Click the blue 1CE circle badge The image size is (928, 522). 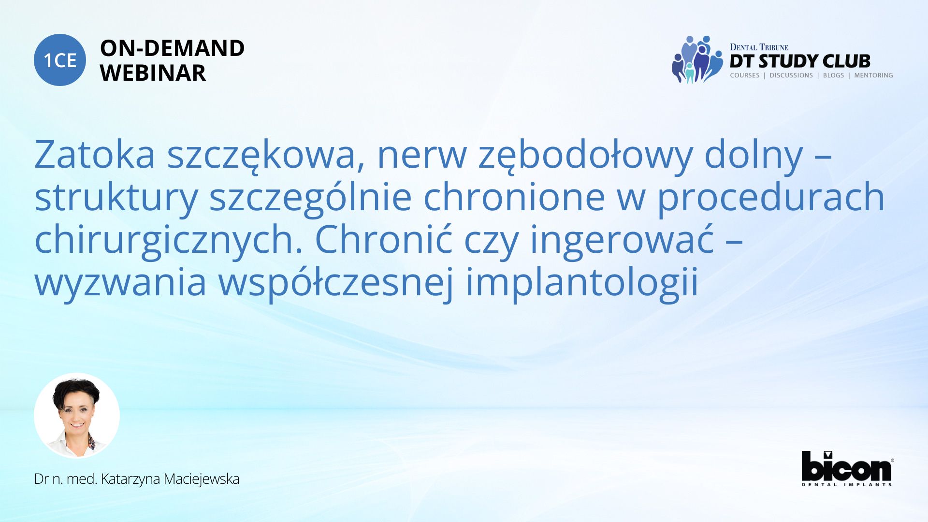[x=60, y=60]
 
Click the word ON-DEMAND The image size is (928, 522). [x=172, y=48]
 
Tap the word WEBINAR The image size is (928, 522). [x=153, y=73]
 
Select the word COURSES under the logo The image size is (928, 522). [x=745, y=75]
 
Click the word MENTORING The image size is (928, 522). [x=873, y=75]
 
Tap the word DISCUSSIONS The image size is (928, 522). [x=791, y=75]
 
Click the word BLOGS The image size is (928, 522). [x=833, y=75]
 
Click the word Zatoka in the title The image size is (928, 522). [x=95, y=155]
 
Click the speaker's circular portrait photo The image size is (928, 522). [x=77, y=416]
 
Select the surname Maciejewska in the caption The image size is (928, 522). [x=201, y=479]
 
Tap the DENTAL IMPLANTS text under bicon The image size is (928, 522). [x=847, y=484]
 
